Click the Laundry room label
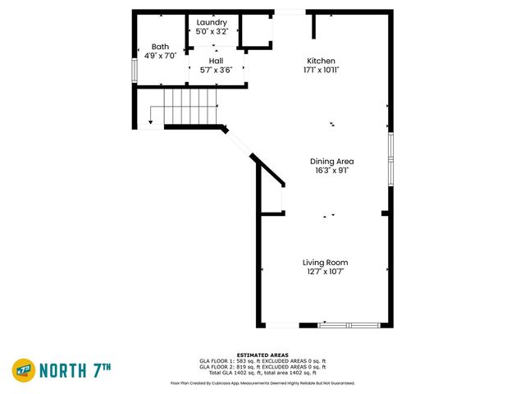click(x=212, y=22)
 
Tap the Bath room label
click(x=159, y=47)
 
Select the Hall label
click(x=215, y=61)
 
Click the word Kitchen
click(x=321, y=61)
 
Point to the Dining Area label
click(x=331, y=162)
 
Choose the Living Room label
click(x=325, y=263)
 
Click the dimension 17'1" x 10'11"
click(x=321, y=70)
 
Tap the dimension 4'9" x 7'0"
click(x=159, y=56)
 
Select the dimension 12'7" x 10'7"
click(x=325, y=272)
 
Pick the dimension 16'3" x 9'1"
click(x=331, y=171)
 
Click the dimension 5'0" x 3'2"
click(x=212, y=31)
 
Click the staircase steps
click(x=190, y=107)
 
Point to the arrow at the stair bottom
click(x=150, y=123)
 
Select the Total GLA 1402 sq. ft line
click(x=262, y=373)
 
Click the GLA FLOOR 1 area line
click(x=262, y=361)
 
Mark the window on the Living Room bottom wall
click(x=349, y=325)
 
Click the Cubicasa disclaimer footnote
click(x=262, y=383)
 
